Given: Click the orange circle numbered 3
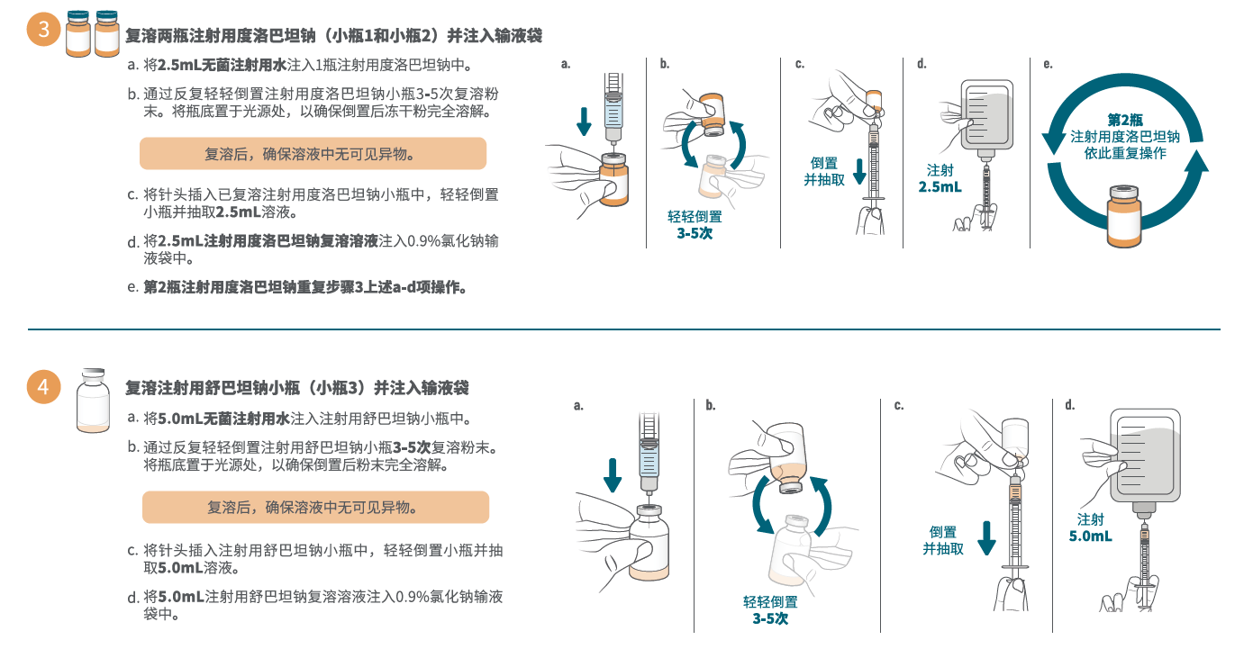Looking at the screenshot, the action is pos(43,29).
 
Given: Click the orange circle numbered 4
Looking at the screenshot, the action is pos(43,387).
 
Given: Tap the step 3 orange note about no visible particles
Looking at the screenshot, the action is pos(313,154).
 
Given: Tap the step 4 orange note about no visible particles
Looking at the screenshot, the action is pos(315,507).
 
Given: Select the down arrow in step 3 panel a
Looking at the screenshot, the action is pos(584,122).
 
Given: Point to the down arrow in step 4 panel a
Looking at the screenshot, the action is pos(613,475).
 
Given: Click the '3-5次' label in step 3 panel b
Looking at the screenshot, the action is pos(695,233).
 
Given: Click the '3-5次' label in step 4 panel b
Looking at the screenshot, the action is pos(770,618).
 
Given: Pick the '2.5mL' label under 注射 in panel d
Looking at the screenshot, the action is pos(940,187).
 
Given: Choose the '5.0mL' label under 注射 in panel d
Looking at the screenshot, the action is pos(1090,536).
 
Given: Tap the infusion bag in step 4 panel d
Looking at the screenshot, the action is pos(1145,461).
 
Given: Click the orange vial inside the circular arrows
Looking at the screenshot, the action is pos(1124,216).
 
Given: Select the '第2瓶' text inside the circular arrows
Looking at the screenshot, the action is pos(1125,120).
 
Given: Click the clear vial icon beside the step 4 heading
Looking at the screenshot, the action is pos(93,401).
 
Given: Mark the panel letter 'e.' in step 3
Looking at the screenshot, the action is pos(1048,64).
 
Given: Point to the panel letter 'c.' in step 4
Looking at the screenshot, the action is pos(899,406).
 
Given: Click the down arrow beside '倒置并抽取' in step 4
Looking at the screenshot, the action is pos(986,538).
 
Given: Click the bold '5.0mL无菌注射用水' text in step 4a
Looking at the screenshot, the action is pos(223,419).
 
